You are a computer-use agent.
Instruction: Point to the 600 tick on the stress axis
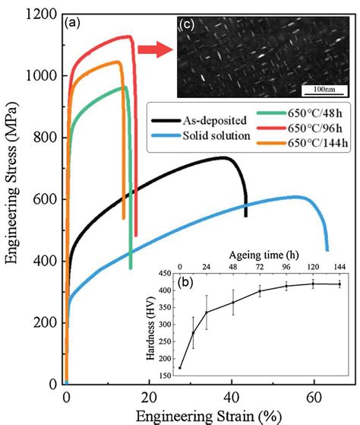(x=47, y=199)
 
